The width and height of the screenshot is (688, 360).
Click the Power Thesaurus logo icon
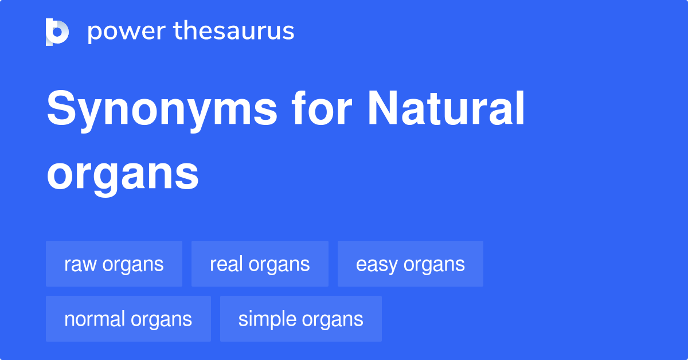[x=57, y=32]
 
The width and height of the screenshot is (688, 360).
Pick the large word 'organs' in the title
[x=123, y=175]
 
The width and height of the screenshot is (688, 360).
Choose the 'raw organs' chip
[x=114, y=264]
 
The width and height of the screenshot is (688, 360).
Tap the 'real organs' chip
[x=260, y=264]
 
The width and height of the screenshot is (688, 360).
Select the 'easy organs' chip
[x=411, y=264]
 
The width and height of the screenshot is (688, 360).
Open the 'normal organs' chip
[x=128, y=319]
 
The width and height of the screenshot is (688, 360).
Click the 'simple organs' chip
[x=301, y=319]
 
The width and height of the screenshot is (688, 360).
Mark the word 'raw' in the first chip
[x=77, y=265]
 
